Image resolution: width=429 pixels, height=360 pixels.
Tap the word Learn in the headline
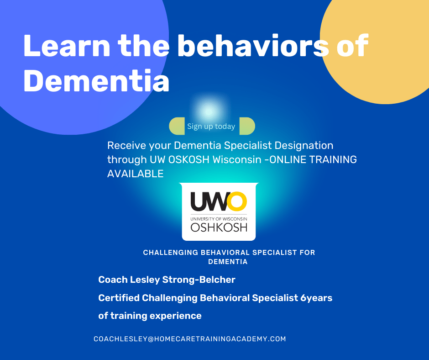[x=67, y=46]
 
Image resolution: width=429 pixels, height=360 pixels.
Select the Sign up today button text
[x=211, y=126]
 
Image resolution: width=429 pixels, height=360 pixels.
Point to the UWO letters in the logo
[x=219, y=201]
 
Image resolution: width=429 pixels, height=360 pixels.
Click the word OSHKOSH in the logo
[x=219, y=228]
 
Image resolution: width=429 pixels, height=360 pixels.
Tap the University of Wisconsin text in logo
[x=219, y=219]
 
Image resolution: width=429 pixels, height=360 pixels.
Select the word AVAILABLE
[x=136, y=174]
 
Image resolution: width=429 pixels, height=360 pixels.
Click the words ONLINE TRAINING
[x=313, y=159]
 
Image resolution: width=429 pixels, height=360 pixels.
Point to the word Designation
[x=303, y=145]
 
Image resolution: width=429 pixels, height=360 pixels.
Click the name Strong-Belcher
[x=199, y=280]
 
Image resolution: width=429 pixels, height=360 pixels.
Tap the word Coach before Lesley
[x=113, y=280]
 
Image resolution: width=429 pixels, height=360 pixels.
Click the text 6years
[x=316, y=298]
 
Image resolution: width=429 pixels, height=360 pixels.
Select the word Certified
[x=119, y=298]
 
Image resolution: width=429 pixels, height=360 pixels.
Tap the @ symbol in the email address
[x=151, y=339]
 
